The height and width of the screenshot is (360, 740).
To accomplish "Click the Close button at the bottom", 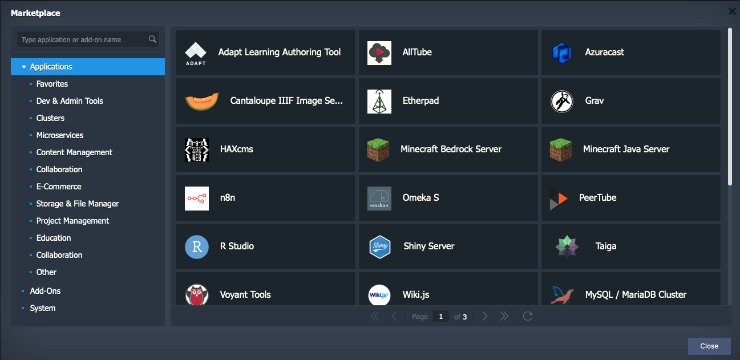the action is click(709, 346).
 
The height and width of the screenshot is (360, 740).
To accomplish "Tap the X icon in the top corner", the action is click(732, 11).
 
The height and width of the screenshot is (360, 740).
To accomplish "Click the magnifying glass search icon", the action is click(152, 39).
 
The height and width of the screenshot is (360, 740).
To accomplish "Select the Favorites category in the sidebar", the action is click(52, 84).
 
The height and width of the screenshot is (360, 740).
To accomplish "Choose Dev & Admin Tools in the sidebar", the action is click(70, 101).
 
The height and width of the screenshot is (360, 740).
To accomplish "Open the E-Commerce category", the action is click(59, 187).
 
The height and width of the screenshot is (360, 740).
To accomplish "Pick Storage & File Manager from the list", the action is click(78, 204).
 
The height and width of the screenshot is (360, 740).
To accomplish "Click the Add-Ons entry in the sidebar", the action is click(45, 291).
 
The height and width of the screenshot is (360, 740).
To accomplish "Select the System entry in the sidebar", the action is click(43, 308).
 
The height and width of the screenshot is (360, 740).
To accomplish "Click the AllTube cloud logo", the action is click(379, 53).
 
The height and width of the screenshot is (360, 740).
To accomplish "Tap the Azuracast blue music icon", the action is click(562, 53).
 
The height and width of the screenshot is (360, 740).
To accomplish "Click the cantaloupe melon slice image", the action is click(202, 101).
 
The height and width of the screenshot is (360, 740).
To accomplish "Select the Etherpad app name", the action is click(420, 101).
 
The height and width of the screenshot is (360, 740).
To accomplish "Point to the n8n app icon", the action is click(197, 199).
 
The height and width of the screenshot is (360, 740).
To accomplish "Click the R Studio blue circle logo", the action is click(197, 247).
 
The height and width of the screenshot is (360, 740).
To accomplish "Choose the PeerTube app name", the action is click(597, 197).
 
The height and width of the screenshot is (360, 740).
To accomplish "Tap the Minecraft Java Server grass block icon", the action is click(561, 150).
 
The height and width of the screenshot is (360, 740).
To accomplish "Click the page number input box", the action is click(440, 317).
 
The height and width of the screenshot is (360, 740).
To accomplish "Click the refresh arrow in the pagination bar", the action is click(528, 316).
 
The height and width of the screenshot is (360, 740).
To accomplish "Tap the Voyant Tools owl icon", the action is click(197, 294).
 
